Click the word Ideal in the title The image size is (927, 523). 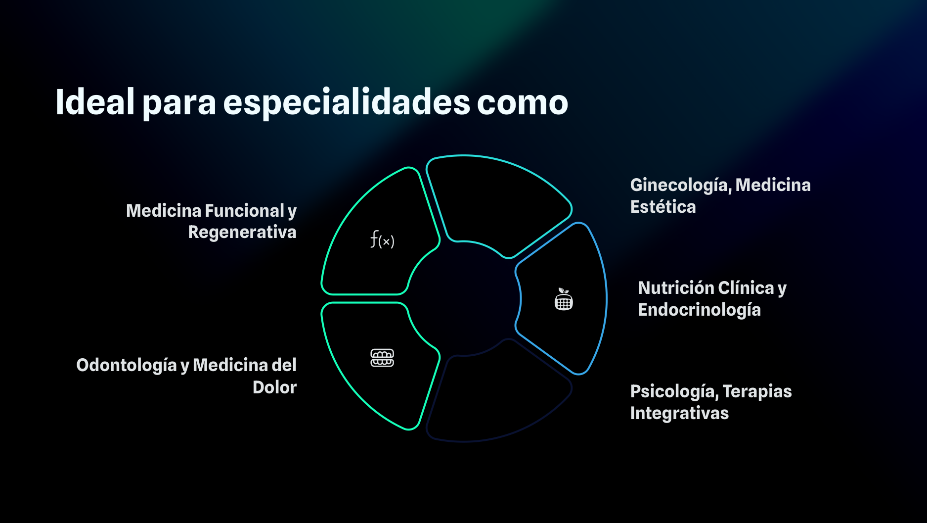click(95, 102)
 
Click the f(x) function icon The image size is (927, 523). click(382, 240)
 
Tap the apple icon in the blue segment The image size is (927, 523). click(564, 299)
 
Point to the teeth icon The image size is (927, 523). click(382, 358)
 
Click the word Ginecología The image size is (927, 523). click(681, 186)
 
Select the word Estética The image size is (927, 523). click(663, 207)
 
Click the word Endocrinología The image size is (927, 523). click(699, 310)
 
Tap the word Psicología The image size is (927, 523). click(674, 392)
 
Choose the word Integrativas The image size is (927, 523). click(679, 414)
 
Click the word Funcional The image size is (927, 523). click(244, 211)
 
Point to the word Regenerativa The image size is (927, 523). click(242, 233)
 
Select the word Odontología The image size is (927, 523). click(127, 366)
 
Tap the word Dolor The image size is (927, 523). click(275, 387)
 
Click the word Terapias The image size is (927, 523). click(757, 392)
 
